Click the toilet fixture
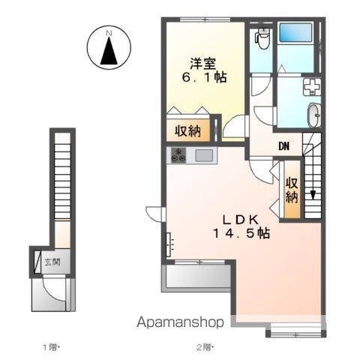click(262, 38)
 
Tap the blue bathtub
click(295, 32)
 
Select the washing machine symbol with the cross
click(311, 87)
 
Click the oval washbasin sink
click(314, 115)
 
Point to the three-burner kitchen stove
click(178, 155)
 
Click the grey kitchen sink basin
click(204, 155)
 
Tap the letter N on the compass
click(109, 33)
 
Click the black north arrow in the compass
click(109, 51)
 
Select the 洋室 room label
click(203, 63)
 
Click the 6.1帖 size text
click(204, 77)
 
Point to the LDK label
click(240, 220)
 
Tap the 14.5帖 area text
click(241, 233)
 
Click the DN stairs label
click(284, 146)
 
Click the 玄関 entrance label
click(52, 262)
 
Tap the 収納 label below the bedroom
click(187, 130)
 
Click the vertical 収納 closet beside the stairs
click(292, 190)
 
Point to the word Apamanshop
click(180, 322)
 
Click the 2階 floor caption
click(205, 347)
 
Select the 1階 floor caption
click(51, 347)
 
